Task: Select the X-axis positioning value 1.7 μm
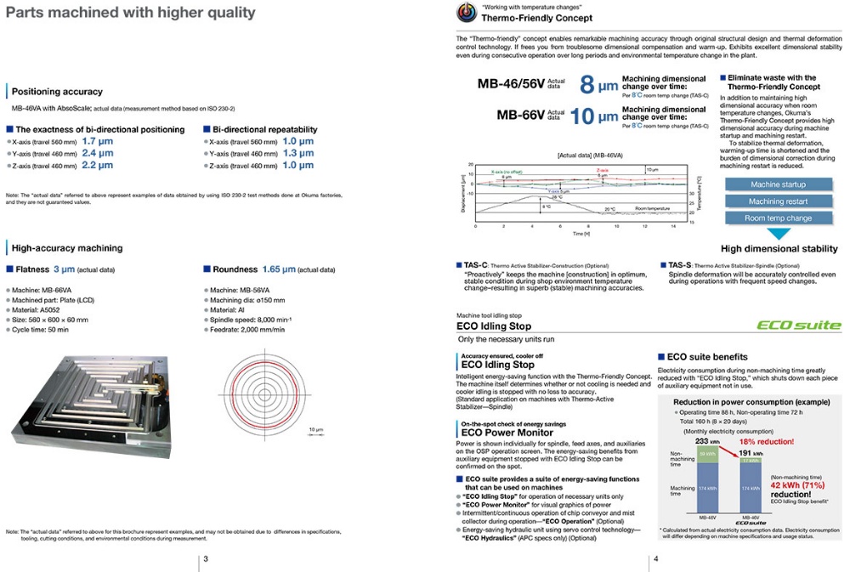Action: (x=98, y=141)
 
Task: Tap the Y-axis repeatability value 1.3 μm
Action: (x=298, y=153)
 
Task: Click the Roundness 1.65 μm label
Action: (x=256, y=269)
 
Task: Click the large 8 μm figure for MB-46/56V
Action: (x=598, y=85)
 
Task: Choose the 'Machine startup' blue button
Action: (x=778, y=184)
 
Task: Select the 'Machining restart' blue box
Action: (x=778, y=201)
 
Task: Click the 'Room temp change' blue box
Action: (x=778, y=218)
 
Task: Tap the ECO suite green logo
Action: (x=800, y=325)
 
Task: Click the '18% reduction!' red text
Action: (x=766, y=441)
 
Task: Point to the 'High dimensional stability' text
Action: (x=778, y=249)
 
